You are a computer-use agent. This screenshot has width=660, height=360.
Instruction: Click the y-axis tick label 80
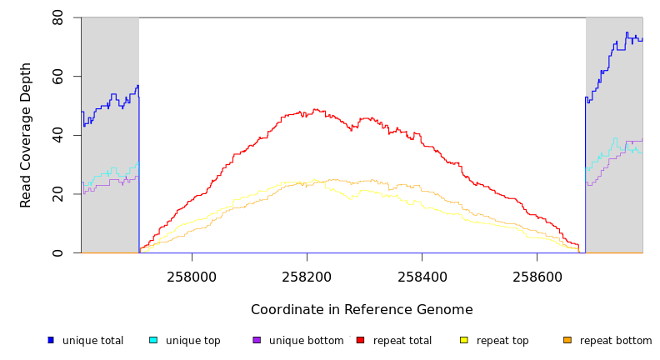tap(57, 17)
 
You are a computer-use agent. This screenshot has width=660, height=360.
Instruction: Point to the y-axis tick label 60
tap(57, 77)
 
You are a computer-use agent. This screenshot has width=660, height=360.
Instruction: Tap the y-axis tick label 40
tap(57, 135)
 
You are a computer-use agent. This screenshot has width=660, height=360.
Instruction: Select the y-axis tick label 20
tap(57, 194)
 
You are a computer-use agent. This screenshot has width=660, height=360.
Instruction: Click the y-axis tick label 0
tap(57, 252)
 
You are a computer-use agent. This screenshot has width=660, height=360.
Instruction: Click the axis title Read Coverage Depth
tap(27, 135)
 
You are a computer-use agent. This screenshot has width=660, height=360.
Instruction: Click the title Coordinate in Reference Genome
tap(362, 310)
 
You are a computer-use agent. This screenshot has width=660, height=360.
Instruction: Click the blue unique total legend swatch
tap(51, 340)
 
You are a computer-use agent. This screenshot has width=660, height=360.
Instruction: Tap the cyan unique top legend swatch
tap(153, 340)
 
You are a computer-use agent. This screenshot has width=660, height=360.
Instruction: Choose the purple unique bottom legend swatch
tap(257, 340)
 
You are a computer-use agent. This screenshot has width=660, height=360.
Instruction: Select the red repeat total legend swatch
tap(360, 340)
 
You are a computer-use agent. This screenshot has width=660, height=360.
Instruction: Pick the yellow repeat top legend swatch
tap(463, 340)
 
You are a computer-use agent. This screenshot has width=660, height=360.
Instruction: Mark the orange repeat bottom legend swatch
tap(567, 340)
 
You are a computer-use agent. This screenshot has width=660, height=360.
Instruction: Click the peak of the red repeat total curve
tap(314, 109)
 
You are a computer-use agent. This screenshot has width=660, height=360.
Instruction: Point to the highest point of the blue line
tap(627, 33)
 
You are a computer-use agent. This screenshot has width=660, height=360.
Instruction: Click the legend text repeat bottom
tap(616, 341)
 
